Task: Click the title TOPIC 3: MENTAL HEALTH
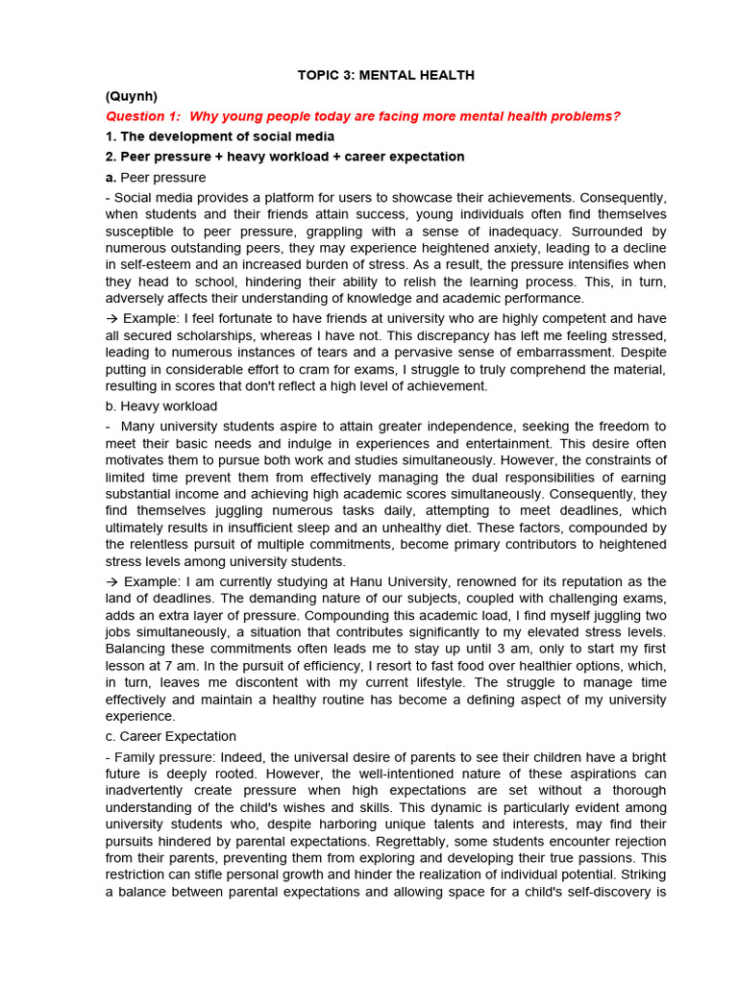385,75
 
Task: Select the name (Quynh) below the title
132,96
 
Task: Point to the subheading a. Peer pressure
156,178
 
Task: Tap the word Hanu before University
390,581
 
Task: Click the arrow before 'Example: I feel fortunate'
111,318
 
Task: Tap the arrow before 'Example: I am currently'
111,581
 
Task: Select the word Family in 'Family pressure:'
135,757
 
